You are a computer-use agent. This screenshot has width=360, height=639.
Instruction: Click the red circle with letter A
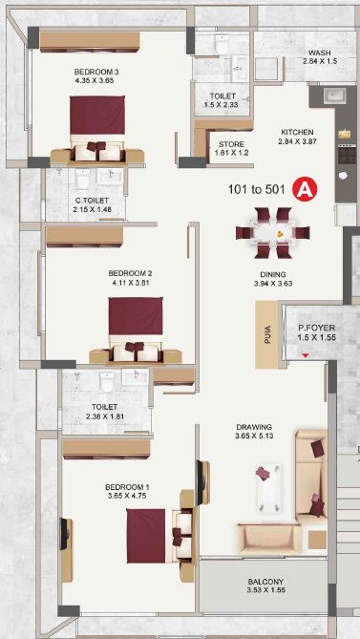[x=305, y=189]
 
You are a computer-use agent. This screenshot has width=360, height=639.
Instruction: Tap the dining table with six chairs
[x=272, y=233]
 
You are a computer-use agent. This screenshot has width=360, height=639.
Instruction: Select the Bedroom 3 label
[x=96, y=73]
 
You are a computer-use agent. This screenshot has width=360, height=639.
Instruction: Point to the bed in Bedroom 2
[x=136, y=330]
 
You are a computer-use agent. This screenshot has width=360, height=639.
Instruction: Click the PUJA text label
[x=267, y=334]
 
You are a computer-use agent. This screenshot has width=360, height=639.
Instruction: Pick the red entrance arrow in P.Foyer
[x=306, y=355]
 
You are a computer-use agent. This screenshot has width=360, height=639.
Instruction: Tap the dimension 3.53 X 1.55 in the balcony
[x=265, y=590]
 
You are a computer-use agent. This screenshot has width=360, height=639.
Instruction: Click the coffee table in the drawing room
[x=268, y=488]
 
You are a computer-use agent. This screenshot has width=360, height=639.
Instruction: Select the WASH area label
[x=319, y=53]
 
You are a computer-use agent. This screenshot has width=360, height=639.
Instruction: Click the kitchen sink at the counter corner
[x=335, y=96]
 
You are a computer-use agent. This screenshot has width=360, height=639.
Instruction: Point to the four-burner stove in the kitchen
[x=346, y=154]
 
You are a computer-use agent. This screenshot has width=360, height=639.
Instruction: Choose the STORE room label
[x=231, y=144]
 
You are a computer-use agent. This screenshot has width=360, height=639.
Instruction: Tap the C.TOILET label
[x=92, y=201]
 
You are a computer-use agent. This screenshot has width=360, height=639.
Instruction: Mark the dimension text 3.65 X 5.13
[x=254, y=437]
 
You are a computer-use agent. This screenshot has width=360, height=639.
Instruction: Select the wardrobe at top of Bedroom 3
[x=90, y=42]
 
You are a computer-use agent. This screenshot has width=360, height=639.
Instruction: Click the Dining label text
[x=273, y=274]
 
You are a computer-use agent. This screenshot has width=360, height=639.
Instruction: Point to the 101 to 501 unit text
[x=256, y=190]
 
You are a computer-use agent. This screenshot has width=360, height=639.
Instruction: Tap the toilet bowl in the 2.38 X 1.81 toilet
[x=107, y=381]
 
